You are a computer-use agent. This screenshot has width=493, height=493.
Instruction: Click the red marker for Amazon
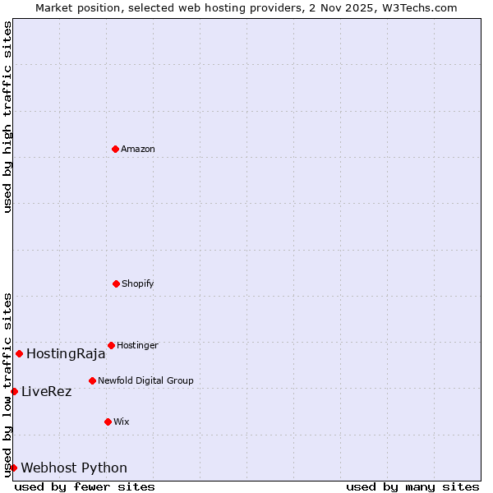pos(115,149)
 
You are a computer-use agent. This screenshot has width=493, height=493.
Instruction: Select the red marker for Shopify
pos(116,283)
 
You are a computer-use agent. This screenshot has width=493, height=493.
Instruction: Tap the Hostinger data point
pos(111,345)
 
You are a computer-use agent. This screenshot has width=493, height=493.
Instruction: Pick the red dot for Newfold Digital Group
pos(92,380)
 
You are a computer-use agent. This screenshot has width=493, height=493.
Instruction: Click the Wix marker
pos(108,422)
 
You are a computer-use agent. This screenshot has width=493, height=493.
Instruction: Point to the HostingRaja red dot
pos(19,353)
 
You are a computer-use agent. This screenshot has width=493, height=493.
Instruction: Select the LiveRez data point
pos(14,391)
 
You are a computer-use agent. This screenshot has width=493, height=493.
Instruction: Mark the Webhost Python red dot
pos(13,468)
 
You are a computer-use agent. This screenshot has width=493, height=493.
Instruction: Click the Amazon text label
pos(138,149)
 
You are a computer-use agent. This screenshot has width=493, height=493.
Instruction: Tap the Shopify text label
pos(138,283)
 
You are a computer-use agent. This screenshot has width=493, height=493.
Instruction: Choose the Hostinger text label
pos(137,345)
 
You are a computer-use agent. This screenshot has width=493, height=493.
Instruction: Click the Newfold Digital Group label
pos(145,380)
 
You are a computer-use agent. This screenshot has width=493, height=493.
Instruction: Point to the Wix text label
pos(122,422)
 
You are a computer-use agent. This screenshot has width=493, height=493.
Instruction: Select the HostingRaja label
pos(66,354)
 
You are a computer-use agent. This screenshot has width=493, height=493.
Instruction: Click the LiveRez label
pos(46,392)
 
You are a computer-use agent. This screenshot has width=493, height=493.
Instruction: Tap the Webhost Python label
pos(74,468)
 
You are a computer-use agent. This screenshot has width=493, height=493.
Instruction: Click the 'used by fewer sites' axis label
pos(85,486)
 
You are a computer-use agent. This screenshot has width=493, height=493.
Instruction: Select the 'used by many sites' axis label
pos(412,486)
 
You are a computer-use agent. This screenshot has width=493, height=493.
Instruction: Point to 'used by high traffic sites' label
pos(7,117)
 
